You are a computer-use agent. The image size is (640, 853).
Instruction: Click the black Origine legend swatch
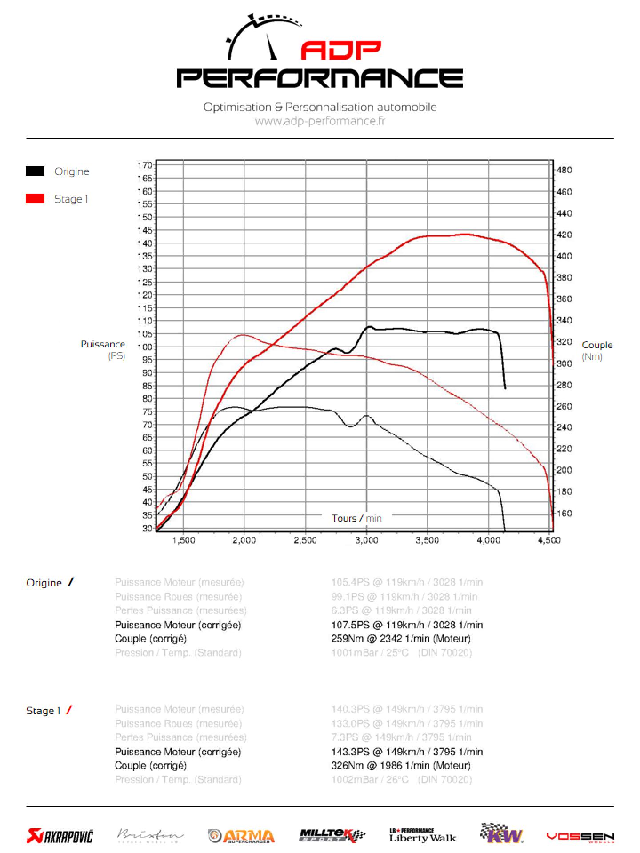35,171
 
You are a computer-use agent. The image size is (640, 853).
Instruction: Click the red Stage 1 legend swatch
35,199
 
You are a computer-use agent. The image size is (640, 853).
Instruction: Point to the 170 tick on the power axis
145,165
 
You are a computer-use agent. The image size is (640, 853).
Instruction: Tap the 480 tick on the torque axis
564,170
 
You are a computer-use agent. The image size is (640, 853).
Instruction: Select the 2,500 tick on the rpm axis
305,540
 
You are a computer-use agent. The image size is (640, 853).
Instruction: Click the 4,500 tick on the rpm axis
549,540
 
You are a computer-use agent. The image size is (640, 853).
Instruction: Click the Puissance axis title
103,344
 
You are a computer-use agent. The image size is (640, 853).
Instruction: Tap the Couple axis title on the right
597,345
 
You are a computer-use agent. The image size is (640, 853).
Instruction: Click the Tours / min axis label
356,518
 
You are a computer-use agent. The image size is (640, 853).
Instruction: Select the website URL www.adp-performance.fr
320,121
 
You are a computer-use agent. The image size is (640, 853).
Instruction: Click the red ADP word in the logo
341,50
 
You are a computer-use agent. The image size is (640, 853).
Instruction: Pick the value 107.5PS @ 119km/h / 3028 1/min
407,625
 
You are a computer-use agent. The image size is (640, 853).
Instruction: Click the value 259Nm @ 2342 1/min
400,638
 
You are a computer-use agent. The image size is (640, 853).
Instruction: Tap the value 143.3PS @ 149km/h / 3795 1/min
407,752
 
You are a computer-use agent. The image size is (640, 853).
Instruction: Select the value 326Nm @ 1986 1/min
400,765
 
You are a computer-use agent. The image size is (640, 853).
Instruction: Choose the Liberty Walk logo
423,836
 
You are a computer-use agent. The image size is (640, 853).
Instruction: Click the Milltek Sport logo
332,836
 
